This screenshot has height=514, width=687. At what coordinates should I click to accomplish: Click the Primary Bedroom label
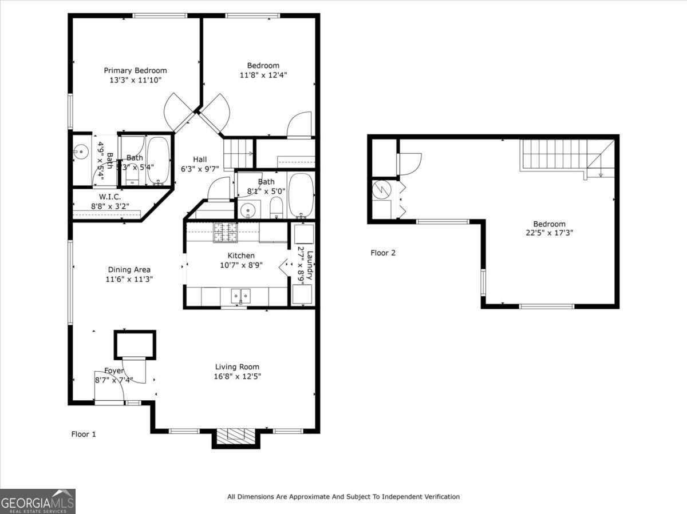(x=135, y=70)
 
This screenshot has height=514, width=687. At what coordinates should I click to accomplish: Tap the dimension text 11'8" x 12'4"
(x=263, y=75)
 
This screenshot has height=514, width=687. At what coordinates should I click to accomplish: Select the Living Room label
(x=237, y=367)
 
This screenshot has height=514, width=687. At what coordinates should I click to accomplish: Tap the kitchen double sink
(x=240, y=296)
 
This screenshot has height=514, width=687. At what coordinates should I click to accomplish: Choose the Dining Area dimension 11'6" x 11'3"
(x=129, y=279)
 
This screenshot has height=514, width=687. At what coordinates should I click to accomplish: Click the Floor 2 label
(x=383, y=253)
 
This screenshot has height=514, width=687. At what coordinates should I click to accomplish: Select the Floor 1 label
(x=84, y=435)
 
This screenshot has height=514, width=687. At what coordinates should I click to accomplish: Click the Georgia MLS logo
(x=38, y=501)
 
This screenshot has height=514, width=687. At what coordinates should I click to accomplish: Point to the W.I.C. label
(x=109, y=197)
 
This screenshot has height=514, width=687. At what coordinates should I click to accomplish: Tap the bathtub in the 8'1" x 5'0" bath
(x=301, y=196)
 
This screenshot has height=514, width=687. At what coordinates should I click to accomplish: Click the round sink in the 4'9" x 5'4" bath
(x=81, y=152)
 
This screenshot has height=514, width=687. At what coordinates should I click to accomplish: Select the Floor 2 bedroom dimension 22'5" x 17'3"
(x=549, y=233)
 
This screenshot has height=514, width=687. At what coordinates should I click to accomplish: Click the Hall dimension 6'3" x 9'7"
(x=200, y=169)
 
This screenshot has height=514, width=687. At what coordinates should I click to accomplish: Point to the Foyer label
(x=114, y=370)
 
